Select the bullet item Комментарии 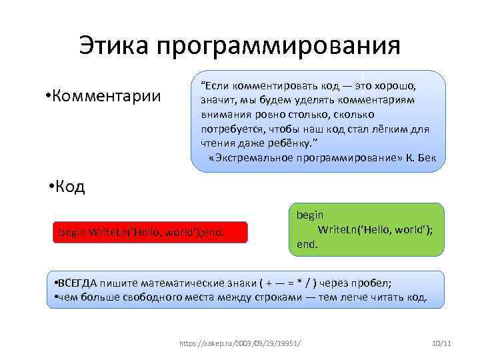[x=107, y=95]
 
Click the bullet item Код [x=69, y=186]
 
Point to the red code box [x=150, y=232]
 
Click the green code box [x=366, y=230]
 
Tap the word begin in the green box [x=310, y=215]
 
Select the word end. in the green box [x=307, y=245]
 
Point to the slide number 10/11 [x=441, y=343]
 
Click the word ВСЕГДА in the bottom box [x=79, y=282]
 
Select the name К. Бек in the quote [x=425, y=157]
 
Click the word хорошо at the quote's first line [x=396, y=87]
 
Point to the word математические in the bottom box [x=175, y=282]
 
